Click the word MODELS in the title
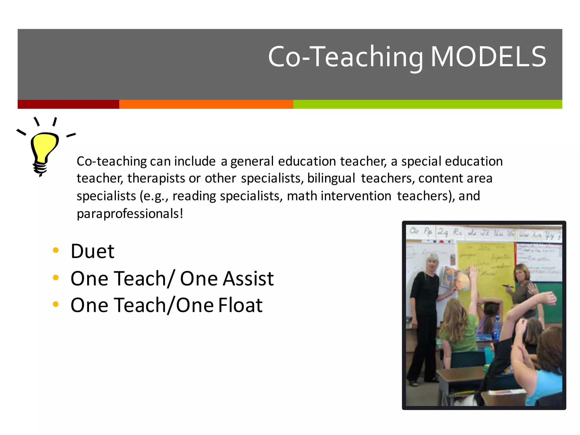coord(488,57)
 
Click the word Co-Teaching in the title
coord(346,57)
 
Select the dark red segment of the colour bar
coord(68,104)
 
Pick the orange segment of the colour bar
coord(206,104)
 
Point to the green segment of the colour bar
coord(427,104)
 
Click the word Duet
coord(92,251)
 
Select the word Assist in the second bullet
coord(248,279)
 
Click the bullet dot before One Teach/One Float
coord(56,304)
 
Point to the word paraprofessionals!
coord(130,214)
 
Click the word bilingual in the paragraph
coord(331,178)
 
